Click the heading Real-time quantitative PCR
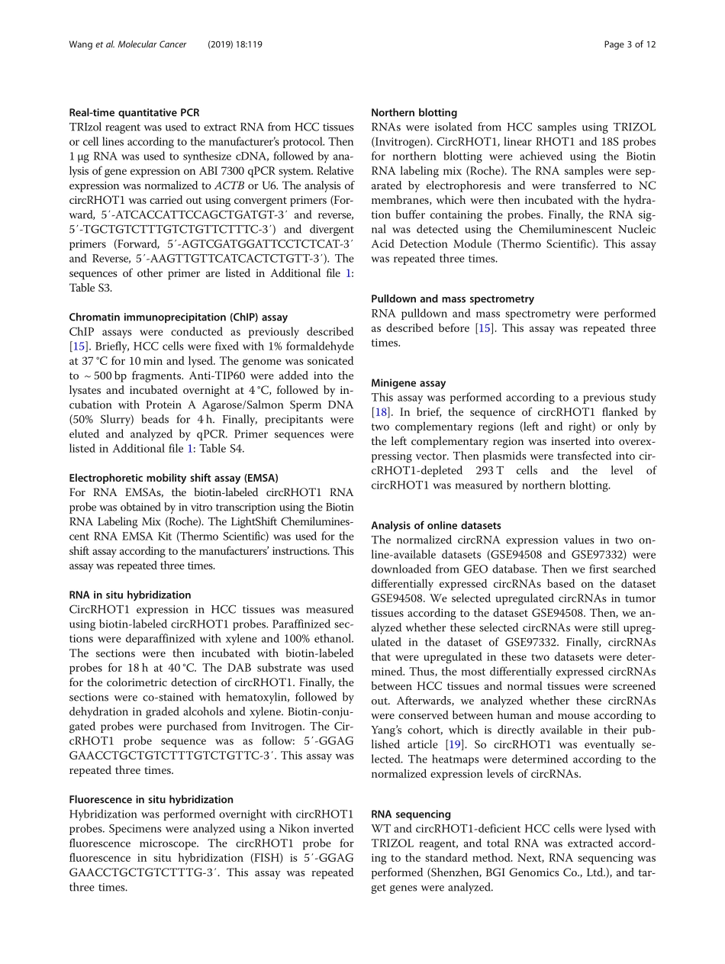tap(134, 112)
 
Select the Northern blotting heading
tap(414, 112)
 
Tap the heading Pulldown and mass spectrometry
tap(452, 298)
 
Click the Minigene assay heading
tap(408, 382)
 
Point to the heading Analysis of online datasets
tap(436, 525)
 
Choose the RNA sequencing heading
tap(411, 814)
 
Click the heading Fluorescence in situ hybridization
tap(151, 799)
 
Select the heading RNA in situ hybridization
tap(130, 595)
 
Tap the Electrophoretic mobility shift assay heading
tap(173, 478)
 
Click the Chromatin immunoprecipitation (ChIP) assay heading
tap(178, 317)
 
